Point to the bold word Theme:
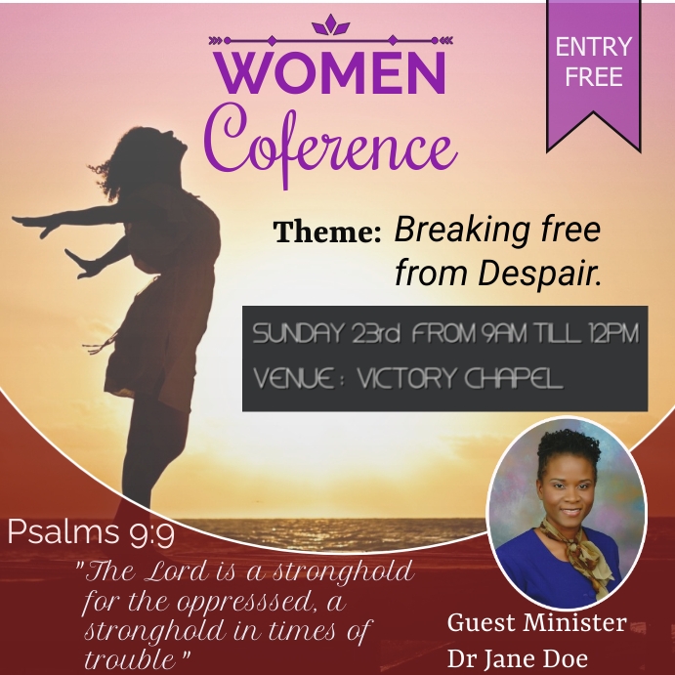[326, 232]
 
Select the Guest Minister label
[536, 623]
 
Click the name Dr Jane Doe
[518, 657]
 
